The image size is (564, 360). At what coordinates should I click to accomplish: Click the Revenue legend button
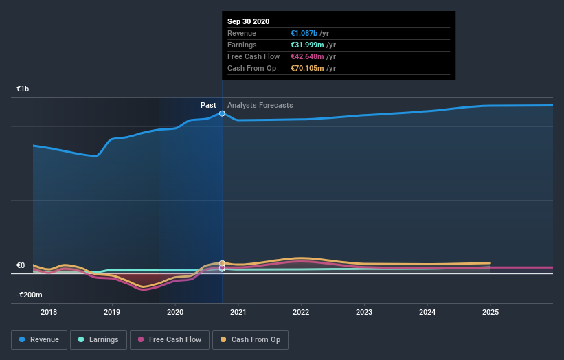point(40,339)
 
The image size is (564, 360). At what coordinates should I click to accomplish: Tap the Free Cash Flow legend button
point(169,339)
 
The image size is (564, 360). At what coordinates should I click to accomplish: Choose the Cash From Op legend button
point(250,339)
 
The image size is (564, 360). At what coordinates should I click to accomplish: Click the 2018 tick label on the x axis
point(49,313)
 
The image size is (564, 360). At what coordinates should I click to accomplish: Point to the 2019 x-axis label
point(112,313)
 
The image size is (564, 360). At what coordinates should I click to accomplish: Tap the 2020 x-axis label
point(175,313)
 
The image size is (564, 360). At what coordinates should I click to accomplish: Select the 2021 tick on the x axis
point(238,313)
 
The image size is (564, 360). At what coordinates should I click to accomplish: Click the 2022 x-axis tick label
point(301,313)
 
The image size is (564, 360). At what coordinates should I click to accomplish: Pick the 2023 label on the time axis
point(364,313)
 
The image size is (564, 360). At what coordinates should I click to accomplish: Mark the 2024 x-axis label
point(427,313)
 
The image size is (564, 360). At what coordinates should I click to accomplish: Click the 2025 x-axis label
point(490,313)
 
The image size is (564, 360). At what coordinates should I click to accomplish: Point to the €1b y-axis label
point(23,89)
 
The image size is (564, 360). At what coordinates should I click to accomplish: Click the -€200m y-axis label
point(30,295)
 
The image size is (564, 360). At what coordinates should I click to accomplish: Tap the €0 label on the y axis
point(21,266)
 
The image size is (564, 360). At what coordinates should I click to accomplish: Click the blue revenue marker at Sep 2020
point(222,113)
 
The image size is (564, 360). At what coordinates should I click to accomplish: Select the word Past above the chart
point(208,105)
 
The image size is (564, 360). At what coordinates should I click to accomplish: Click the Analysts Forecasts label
point(260,105)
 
